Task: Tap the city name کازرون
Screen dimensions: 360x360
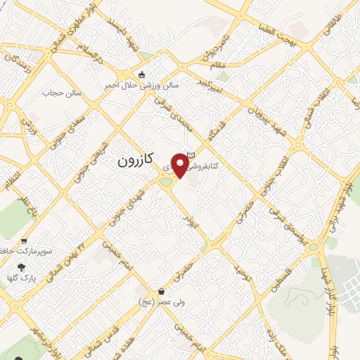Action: pyautogui.click(x=136, y=161)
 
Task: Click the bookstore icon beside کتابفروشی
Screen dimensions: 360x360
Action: pyautogui.click(x=190, y=155)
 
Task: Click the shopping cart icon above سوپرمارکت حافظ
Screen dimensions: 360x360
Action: pyautogui.click(x=25, y=240)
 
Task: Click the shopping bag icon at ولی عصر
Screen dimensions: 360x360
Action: pyautogui.click(x=162, y=291)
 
